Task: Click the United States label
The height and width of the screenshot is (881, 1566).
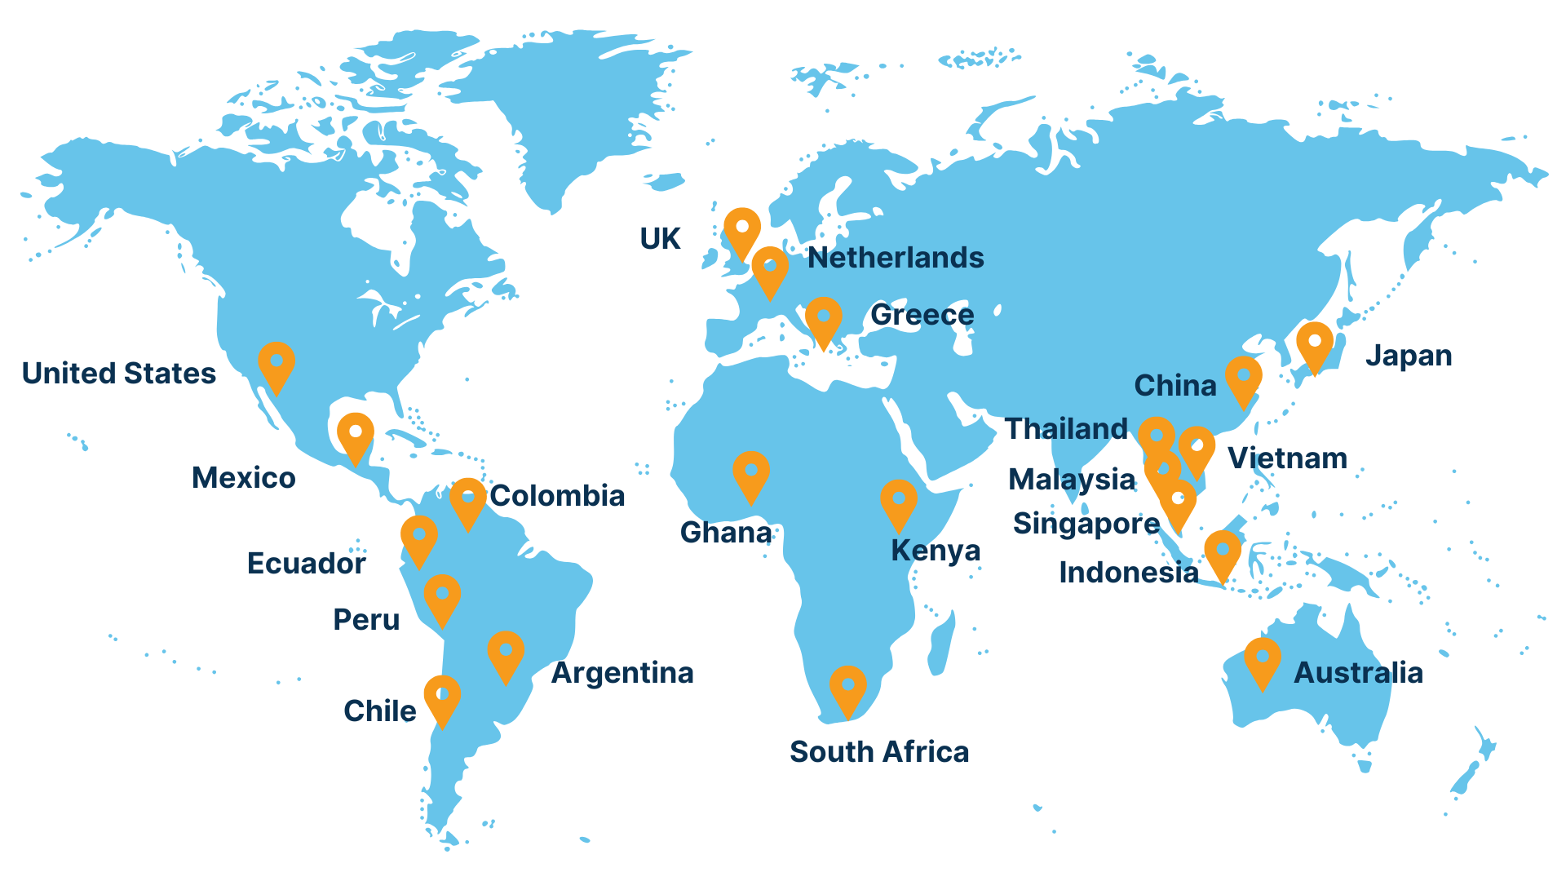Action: point(119,374)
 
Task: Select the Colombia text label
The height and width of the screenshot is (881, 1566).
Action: point(557,496)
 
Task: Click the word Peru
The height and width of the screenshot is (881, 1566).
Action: point(366,620)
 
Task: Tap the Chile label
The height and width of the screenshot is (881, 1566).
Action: point(380,711)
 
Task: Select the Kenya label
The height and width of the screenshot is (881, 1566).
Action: point(936,551)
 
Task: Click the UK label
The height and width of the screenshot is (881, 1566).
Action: point(660,239)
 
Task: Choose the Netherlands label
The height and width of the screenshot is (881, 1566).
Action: point(896,258)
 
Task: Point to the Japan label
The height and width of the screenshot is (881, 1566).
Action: point(1409,356)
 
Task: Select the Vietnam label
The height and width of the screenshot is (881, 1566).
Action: point(1287,458)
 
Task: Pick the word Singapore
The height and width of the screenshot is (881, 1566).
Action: point(1086,524)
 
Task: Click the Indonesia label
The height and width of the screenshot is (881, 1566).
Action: point(1129,573)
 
